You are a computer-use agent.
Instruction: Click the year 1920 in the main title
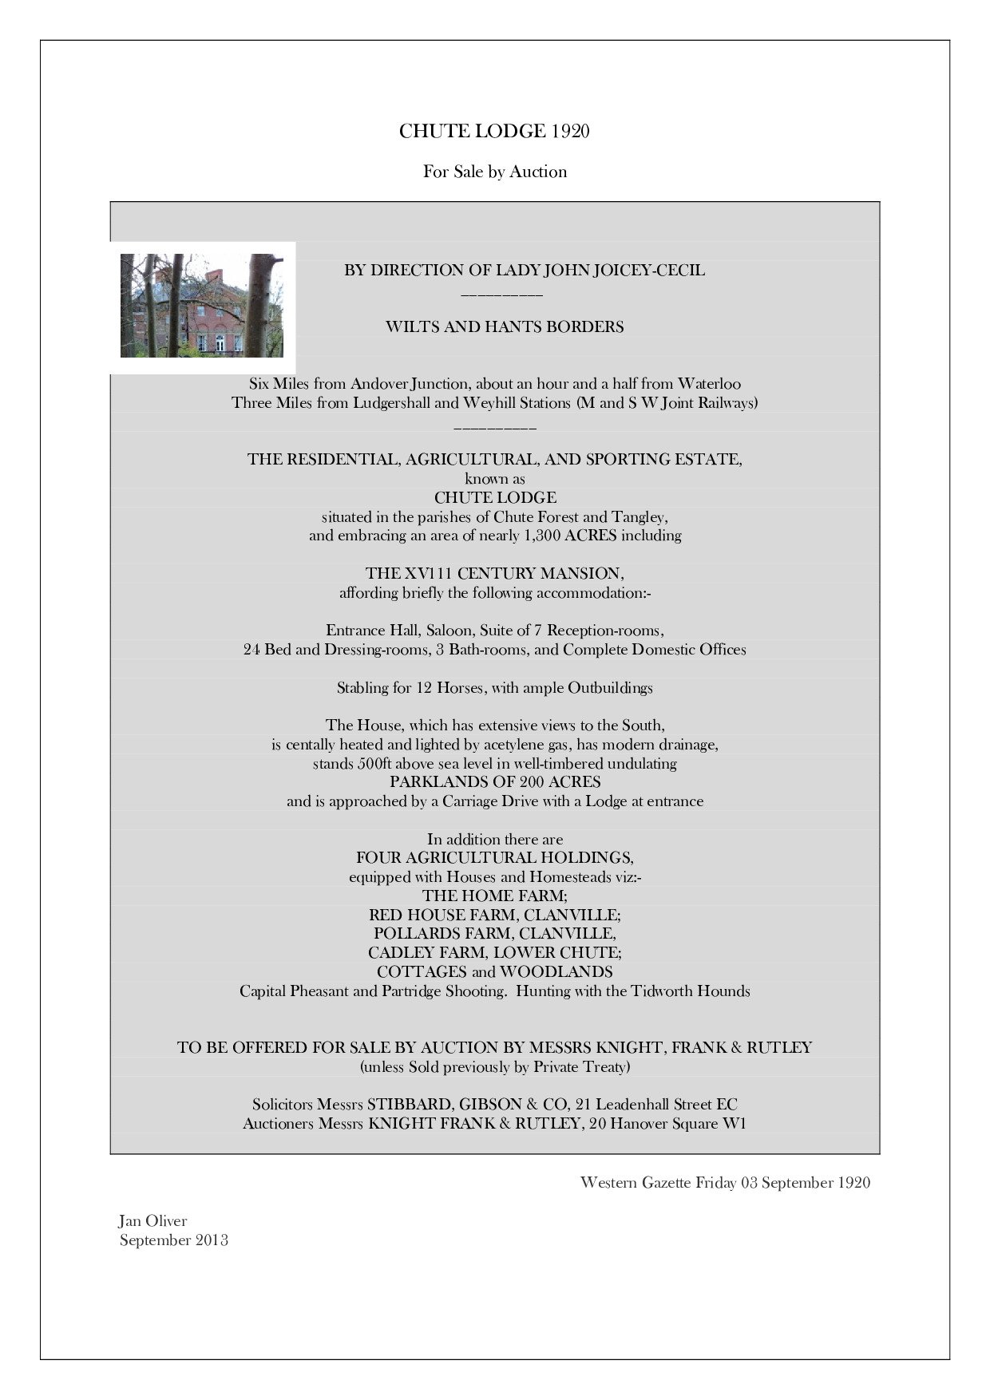(570, 132)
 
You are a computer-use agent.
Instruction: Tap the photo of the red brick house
(202, 306)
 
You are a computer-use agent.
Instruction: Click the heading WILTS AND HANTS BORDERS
(505, 326)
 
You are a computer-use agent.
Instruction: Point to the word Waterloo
(709, 384)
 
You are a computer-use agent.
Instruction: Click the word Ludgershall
(391, 403)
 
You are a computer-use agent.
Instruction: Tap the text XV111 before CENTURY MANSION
(418, 573)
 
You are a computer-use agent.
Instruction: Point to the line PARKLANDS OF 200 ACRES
(495, 782)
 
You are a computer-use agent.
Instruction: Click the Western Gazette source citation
(724, 1182)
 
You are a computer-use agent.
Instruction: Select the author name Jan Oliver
(152, 1220)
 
